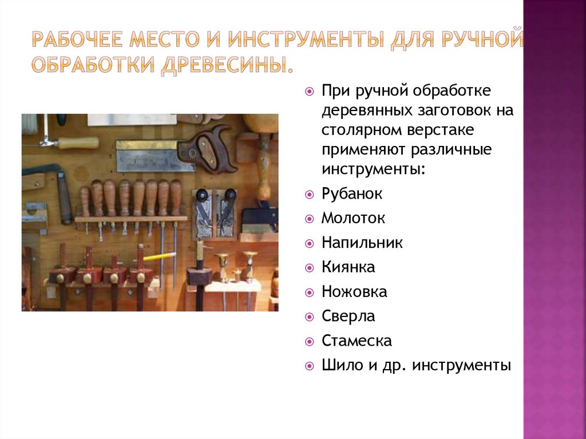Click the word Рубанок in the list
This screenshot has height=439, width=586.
click(x=352, y=194)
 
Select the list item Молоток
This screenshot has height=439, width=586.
click(x=353, y=218)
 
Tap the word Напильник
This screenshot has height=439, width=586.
click(x=362, y=243)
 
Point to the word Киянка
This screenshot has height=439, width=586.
click(x=348, y=267)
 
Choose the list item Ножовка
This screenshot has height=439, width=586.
click(x=354, y=292)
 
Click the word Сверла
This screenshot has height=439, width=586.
click(x=348, y=316)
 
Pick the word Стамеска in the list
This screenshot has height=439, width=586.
click(x=357, y=341)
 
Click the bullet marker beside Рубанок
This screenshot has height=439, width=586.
click(x=310, y=195)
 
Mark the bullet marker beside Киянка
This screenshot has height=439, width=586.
click(x=310, y=267)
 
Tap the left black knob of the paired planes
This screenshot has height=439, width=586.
click(x=201, y=195)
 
